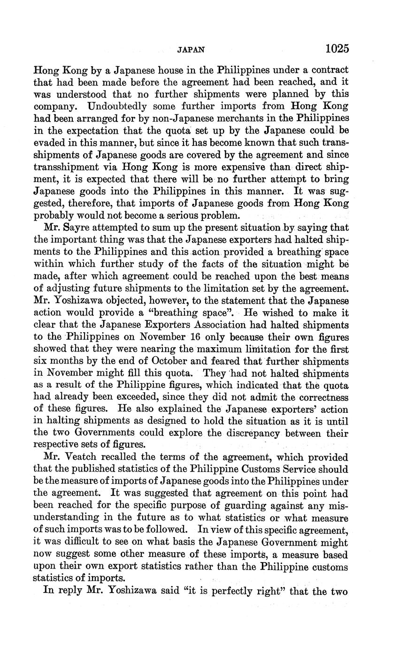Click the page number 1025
(337, 48)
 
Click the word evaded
(50, 143)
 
